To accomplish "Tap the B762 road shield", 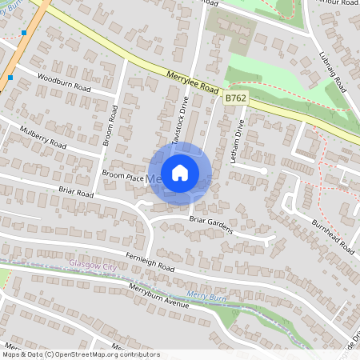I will pos(234,98).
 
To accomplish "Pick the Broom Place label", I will pos(123,176).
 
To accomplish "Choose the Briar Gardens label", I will pos(210,224).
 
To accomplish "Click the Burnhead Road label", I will pos(332,236).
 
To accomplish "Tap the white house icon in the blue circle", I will pos(180,173).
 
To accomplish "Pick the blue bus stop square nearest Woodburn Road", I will pos(10,78).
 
